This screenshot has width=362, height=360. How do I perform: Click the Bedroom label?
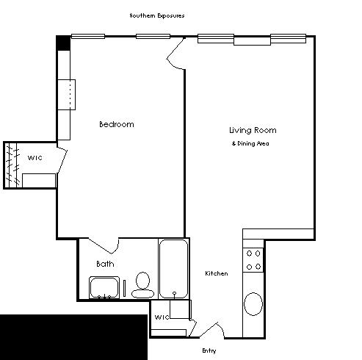coord(117,124)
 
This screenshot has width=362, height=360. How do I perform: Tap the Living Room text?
coord(253,130)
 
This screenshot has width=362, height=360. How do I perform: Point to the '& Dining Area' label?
coord(250,143)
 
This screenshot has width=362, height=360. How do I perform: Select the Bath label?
coord(105,264)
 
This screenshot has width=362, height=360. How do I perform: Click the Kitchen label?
coord(217,273)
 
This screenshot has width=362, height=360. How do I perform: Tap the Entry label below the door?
coord(209,350)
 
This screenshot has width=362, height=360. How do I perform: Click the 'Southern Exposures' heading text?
coord(157,15)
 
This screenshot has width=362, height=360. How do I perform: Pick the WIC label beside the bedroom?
coord(35,158)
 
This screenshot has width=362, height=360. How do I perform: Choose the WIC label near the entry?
coord(162,317)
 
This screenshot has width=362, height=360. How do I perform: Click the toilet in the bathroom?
coord(143,285)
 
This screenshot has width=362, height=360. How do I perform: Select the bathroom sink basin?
coord(104,288)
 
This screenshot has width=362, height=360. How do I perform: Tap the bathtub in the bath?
coord(173,269)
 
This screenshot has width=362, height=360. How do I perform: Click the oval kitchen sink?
coord(253,304)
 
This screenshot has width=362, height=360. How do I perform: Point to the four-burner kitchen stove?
coord(253,260)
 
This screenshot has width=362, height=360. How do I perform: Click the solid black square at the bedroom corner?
coord(63,43)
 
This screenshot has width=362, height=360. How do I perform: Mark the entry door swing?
coord(212,330)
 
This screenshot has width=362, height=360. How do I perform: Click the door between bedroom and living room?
coord(175,54)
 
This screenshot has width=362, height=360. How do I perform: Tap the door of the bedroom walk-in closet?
coord(62,160)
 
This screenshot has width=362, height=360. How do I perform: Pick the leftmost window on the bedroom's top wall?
coord(88,37)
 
